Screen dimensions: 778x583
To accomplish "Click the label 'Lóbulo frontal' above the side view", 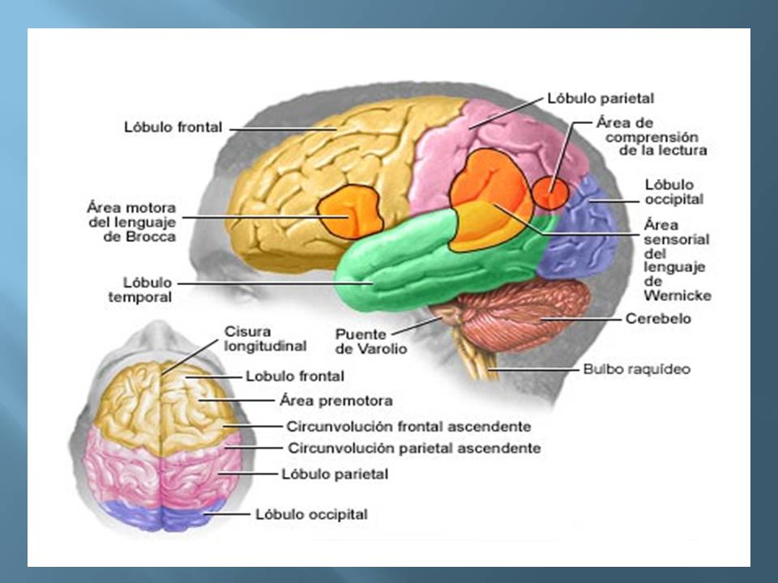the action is pos(173,127).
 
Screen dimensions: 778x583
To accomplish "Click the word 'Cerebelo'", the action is pos(658,319).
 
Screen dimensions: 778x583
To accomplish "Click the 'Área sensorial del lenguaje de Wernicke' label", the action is pos(676,259).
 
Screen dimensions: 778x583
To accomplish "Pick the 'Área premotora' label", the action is pos(336,400).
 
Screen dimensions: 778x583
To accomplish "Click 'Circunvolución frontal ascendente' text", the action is pos(408,426).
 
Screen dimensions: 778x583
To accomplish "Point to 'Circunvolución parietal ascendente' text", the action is pos(413,448).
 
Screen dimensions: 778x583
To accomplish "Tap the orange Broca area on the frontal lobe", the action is pos(349,213).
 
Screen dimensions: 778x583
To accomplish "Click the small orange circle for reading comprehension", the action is pos(551,192).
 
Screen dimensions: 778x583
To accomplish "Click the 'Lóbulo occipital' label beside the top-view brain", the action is pos(311,514).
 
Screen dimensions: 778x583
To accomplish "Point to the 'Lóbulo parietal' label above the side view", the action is pos(601,98).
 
